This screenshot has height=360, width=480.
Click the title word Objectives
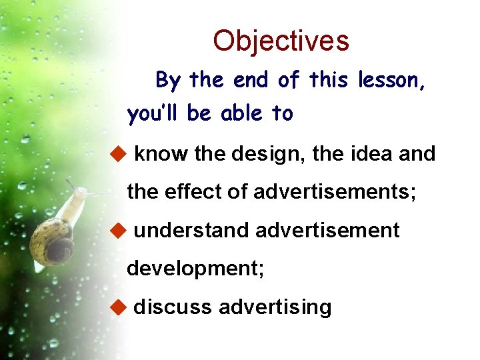281,41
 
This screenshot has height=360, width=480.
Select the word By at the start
168,81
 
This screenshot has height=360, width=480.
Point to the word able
241,114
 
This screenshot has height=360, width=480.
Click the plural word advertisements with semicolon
335,192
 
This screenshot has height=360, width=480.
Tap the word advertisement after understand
327,231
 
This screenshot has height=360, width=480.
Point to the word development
195,269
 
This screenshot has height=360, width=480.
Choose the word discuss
173,307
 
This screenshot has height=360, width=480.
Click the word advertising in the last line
275,307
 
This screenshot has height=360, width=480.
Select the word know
162,154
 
